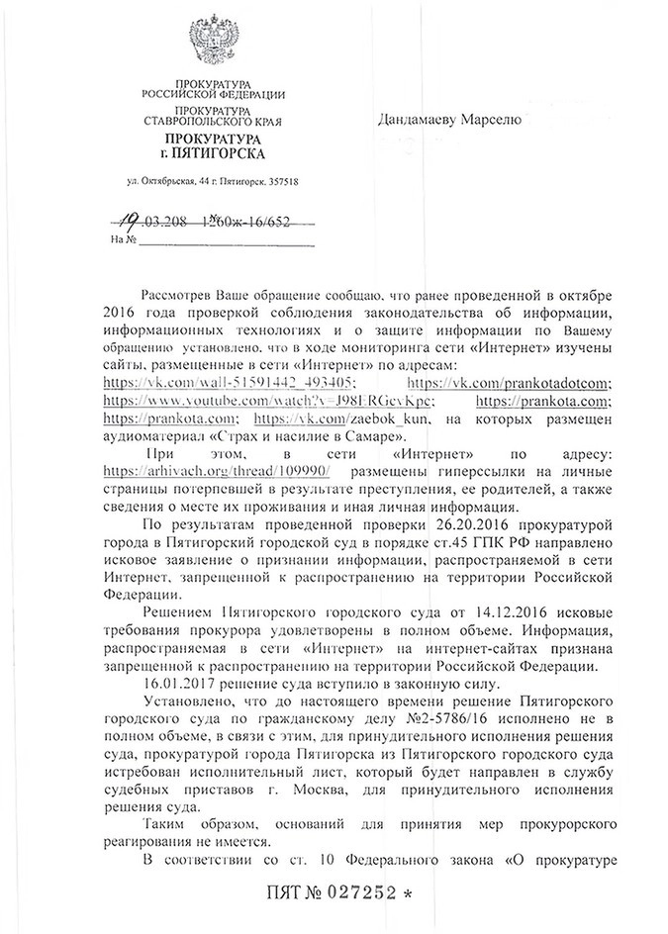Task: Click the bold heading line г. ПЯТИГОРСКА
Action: pos(213,155)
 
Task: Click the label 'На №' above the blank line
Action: pos(123,239)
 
